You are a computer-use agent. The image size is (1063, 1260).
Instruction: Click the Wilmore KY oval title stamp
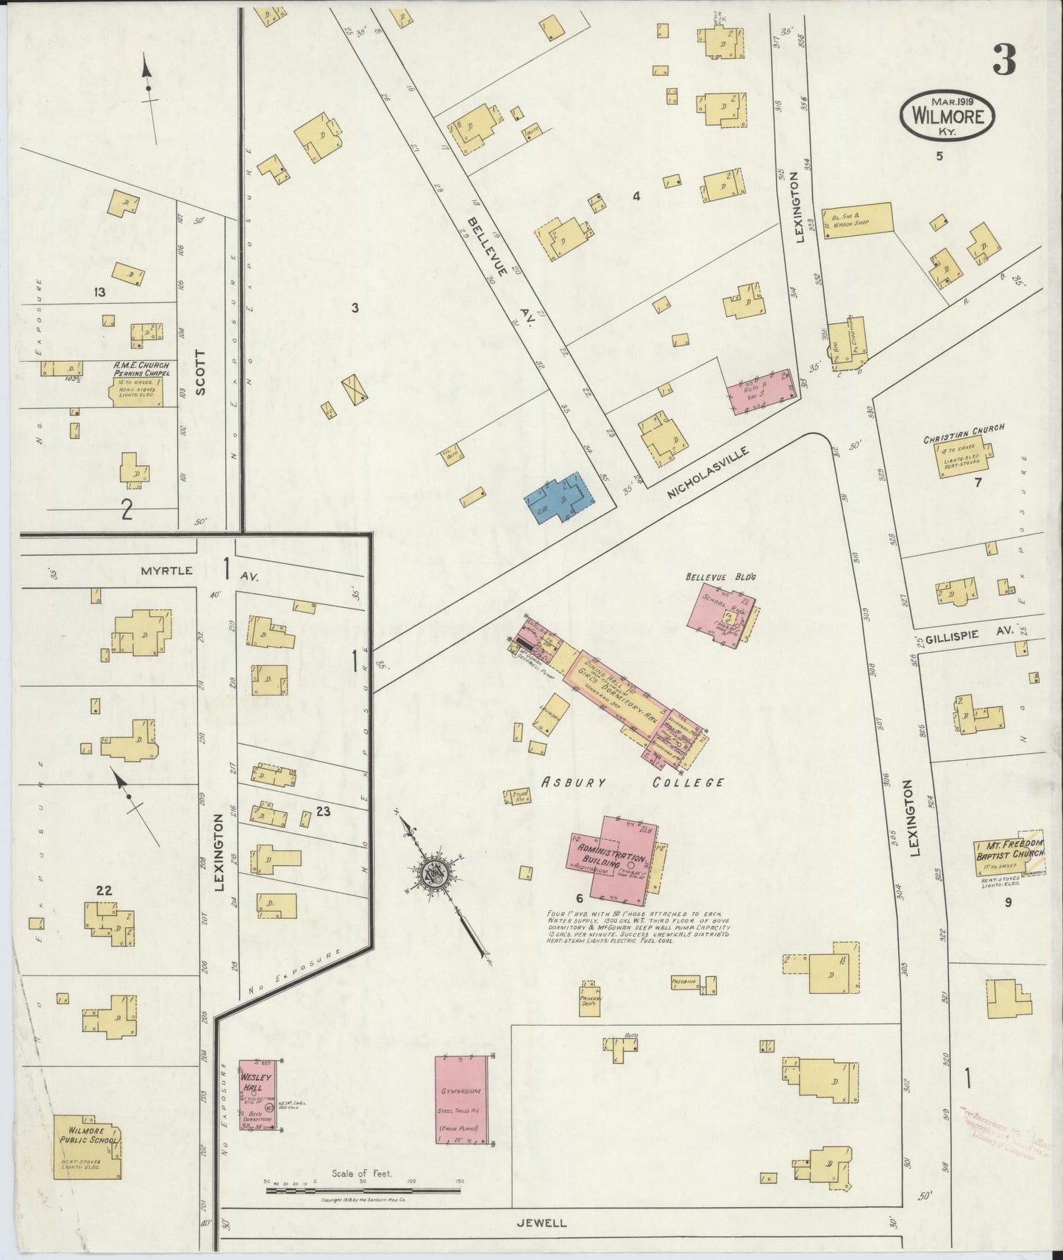(x=947, y=115)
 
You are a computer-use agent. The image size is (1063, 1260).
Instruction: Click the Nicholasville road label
(x=708, y=474)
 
